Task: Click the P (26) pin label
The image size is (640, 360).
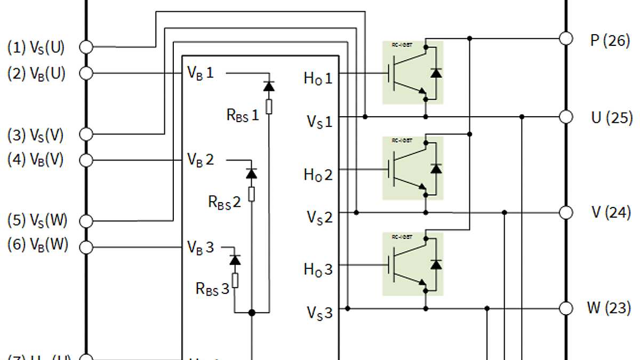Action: [x=610, y=40]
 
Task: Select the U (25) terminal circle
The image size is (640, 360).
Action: [x=565, y=117]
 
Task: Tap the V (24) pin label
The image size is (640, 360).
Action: [x=611, y=212]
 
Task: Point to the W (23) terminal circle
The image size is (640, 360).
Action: [x=565, y=308]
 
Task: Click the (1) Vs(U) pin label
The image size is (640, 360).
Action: [x=36, y=47]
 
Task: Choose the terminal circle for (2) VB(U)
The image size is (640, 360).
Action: [x=86, y=73]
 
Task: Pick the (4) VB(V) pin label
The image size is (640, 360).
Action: [x=36, y=159]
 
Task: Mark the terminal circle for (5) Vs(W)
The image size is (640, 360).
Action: [x=86, y=220]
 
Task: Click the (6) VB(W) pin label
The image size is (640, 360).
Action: [x=37, y=246]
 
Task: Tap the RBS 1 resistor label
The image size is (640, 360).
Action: [x=243, y=115]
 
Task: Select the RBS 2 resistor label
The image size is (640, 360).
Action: [x=224, y=202]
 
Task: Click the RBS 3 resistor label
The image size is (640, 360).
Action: [x=212, y=289]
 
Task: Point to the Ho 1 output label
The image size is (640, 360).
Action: [x=318, y=78]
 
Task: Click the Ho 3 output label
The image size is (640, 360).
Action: [x=318, y=269]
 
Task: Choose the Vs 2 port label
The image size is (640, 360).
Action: [x=319, y=217]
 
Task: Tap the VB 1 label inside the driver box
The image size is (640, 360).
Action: [x=200, y=73]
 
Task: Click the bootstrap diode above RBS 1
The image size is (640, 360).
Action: [x=269, y=86]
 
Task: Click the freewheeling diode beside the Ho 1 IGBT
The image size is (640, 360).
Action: [x=436, y=73]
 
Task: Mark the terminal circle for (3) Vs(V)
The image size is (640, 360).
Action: [x=86, y=134]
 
